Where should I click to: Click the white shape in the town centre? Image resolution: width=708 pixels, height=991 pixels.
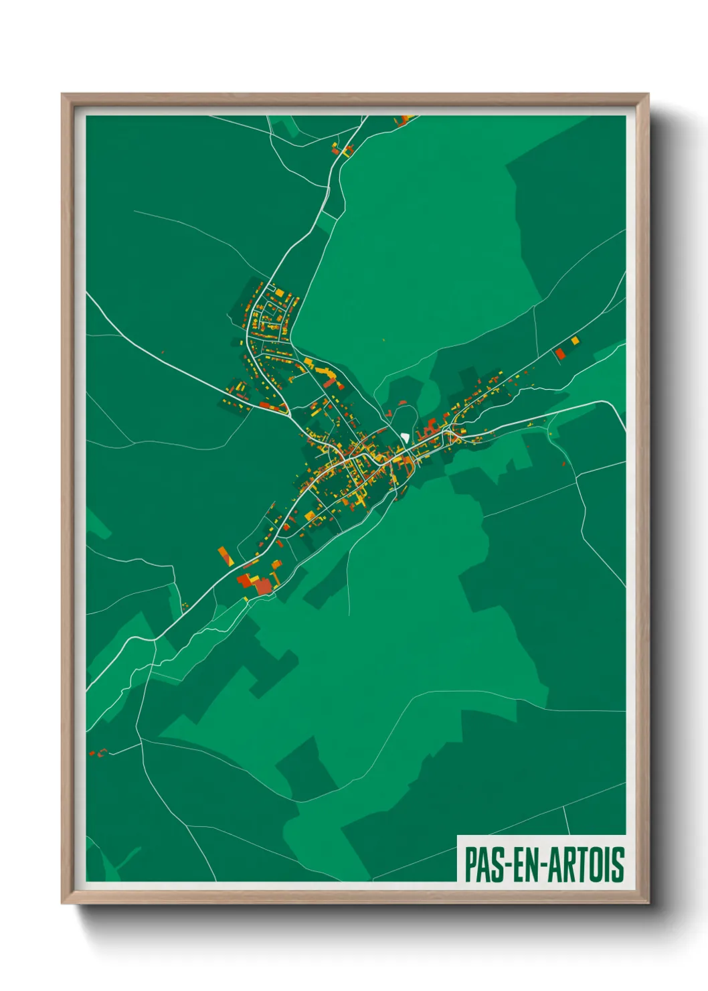[405, 437]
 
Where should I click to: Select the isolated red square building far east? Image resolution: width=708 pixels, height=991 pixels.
[560, 354]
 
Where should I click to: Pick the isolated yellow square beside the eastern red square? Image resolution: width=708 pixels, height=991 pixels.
[575, 341]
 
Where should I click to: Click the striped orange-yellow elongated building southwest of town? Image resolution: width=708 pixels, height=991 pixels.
[225, 556]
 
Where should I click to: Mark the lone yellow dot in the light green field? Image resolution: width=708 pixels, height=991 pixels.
[384, 340]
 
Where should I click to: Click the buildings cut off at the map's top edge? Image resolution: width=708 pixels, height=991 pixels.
[404, 121]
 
